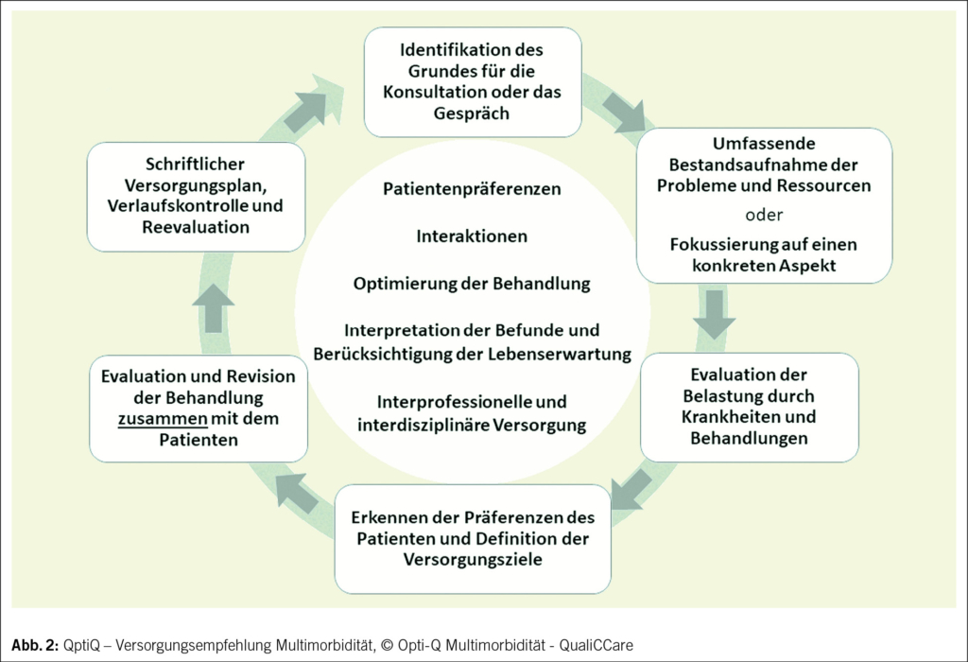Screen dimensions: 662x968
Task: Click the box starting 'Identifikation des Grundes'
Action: coord(472,81)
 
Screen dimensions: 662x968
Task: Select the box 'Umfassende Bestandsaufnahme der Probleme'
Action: coord(764,205)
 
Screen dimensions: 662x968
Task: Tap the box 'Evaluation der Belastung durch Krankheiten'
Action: coord(749,407)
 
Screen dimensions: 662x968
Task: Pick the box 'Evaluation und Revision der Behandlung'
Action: coord(199,408)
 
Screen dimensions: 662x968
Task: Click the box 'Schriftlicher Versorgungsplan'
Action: coord(196,196)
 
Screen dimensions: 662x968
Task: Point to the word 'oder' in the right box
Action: coord(764,212)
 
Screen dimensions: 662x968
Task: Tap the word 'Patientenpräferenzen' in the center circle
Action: coord(472,189)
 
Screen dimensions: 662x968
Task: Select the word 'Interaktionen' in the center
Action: coord(472,236)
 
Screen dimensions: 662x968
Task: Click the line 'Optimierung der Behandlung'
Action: coord(472,284)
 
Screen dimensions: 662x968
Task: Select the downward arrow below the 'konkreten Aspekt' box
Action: coord(715,313)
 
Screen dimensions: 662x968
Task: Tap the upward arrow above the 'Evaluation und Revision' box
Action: coord(216,306)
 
